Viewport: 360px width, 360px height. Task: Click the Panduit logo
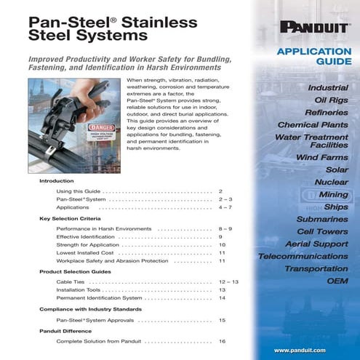pos(313,28)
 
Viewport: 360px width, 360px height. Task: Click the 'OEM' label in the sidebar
pos(337,280)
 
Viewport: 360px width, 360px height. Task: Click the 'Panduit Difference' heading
pos(65,330)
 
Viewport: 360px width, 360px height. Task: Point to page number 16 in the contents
pos(222,340)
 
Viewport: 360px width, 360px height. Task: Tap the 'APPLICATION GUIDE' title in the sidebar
pos(315,57)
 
